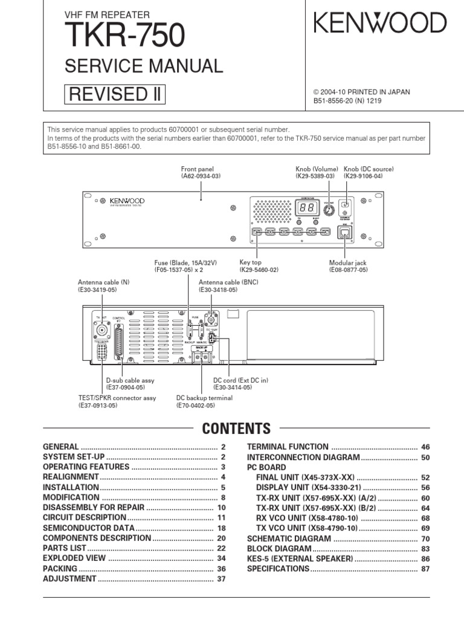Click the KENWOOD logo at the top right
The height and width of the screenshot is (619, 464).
(380, 24)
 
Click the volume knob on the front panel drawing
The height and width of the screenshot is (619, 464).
(328, 209)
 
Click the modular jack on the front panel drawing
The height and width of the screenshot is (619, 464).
(345, 233)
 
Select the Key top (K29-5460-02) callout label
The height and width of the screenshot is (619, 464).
(259, 267)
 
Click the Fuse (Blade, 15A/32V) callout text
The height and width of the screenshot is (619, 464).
(185, 267)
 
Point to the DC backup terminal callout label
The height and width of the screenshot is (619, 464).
(204, 401)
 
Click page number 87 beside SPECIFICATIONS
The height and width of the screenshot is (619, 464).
(425, 569)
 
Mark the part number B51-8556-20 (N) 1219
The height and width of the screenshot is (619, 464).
(347, 101)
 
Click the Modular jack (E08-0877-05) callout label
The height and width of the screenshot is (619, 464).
(348, 267)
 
